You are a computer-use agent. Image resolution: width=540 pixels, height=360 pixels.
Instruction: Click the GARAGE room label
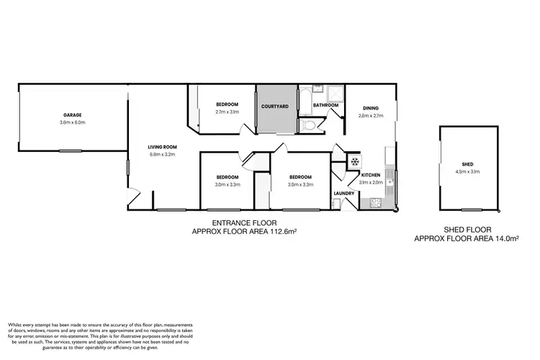[71, 115]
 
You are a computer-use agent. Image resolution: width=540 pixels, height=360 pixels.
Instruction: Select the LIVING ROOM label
[163, 147]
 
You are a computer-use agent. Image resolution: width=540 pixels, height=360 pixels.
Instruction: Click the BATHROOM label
[325, 106]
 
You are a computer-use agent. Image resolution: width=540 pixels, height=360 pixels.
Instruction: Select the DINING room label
[370, 108]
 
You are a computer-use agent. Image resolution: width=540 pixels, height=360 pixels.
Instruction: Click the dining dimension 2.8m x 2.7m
[370, 115]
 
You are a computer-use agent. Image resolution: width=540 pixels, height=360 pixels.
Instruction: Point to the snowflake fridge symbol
[354, 162]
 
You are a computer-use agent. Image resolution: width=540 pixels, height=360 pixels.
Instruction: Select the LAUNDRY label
[343, 193]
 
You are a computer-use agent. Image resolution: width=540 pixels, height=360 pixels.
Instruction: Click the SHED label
[468, 164]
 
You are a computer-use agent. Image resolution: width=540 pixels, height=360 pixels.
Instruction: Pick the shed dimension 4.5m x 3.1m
[468, 172]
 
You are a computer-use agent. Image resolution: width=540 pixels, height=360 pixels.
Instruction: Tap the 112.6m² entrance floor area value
[278, 232]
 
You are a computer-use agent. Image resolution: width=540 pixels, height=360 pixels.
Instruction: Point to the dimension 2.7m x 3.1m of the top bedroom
[226, 112]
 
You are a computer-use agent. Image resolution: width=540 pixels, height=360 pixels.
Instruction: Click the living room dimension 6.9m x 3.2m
[163, 154]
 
